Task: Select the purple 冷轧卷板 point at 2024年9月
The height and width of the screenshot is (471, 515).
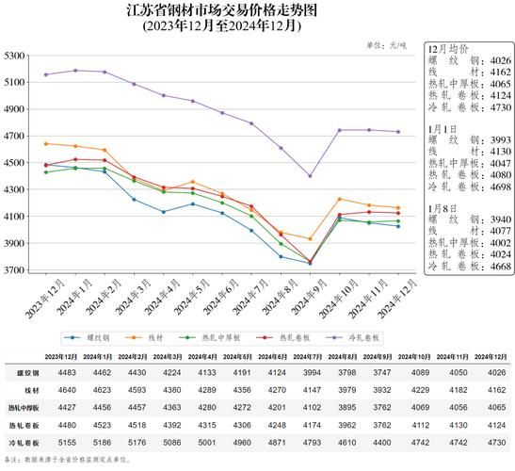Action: [310, 176]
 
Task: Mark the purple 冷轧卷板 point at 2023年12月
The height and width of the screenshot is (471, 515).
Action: [46, 74]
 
